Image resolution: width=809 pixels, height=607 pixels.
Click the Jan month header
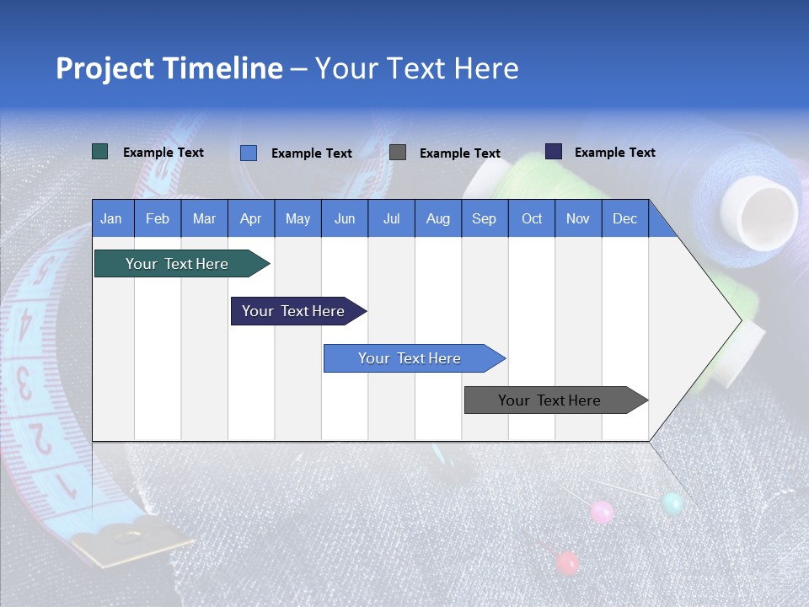(x=111, y=218)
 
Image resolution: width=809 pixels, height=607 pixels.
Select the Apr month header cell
(x=251, y=218)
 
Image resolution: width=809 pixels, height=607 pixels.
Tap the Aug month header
(x=438, y=218)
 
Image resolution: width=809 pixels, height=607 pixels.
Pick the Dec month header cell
(x=625, y=218)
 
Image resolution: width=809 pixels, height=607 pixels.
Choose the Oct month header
(x=532, y=218)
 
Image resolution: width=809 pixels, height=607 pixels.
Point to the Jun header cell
(x=345, y=218)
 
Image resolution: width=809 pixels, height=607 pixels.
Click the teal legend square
(x=100, y=152)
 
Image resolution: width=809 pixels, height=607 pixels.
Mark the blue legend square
(x=249, y=153)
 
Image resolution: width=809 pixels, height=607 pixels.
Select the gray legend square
(x=398, y=152)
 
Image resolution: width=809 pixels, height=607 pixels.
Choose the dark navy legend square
(x=554, y=152)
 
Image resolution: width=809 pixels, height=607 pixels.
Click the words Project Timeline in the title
(x=169, y=68)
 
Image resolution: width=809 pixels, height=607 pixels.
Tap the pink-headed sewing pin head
(x=602, y=511)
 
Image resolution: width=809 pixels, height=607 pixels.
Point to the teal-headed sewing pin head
(x=672, y=503)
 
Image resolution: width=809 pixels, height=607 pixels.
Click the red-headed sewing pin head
(x=568, y=562)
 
